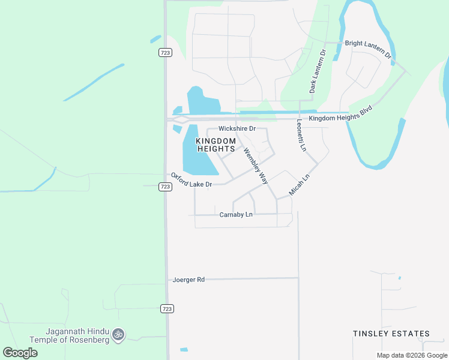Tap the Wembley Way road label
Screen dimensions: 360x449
click(x=255, y=165)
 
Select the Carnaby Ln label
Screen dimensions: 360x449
click(x=236, y=214)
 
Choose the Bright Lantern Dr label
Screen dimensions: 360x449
click(x=368, y=48)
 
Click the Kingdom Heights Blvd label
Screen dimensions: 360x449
click(x=341, y=115)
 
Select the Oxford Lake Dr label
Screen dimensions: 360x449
click(x=191, y=180)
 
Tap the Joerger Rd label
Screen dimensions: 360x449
click(x=188, y=280)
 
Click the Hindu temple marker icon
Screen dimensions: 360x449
click(x=118, y=334)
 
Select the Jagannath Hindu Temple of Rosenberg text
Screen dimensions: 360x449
click(x=78, y=335)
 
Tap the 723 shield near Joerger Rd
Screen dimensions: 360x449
click(x=167, y=308)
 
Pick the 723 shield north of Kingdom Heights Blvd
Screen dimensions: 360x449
click(x=166, y=53)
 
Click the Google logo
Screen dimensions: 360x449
click(x=20, y=352)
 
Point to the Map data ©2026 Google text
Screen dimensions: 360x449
click(x=412, y=355)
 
